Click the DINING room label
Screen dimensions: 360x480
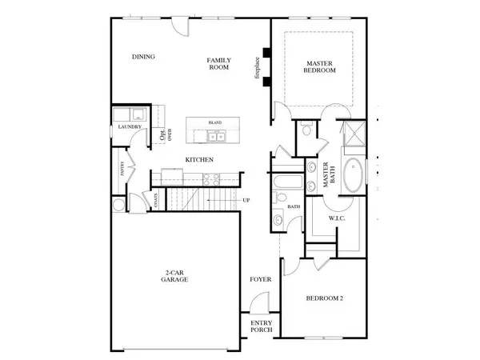click(x=143, y=57)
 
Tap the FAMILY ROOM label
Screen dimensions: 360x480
click(x=218, y=64)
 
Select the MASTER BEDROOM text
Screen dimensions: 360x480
click(x=320, y=66)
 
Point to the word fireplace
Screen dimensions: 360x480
click(x=258, y=68)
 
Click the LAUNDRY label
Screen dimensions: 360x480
click(x=129, y=126)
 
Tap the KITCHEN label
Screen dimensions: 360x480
click(x=199, y=160)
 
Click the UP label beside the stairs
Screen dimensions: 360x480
click(x=246, y=201)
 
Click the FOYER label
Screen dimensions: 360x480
click(x=259, y=280)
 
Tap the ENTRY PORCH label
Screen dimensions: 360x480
click(x=262, y=327)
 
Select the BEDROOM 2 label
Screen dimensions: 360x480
click(x=326, y=299)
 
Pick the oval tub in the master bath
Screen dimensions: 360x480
click(x=352, y=175)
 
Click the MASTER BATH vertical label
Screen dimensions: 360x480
click(x=327, y=174)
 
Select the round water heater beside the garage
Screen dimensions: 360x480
click(x=118, y=206)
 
